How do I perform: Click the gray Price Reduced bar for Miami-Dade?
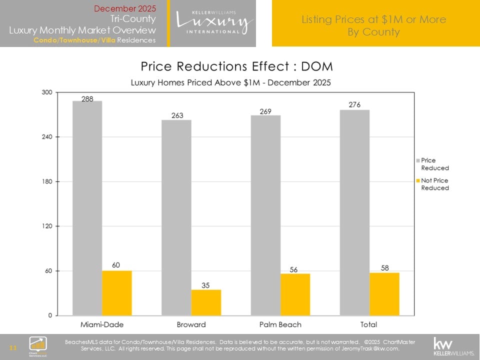tap(87, 208)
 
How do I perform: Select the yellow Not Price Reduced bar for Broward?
tap(206, 302)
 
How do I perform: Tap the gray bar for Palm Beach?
tap(265, 215)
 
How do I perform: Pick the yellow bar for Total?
tap(384, 294)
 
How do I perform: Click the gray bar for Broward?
tap(176, 217)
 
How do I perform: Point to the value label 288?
tap(87, 99)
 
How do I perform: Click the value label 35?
tap(206, 285)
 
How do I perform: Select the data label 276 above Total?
tap(354, 104)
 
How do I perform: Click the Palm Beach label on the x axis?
tap(280, 324)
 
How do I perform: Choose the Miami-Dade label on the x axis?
tap(102, 324)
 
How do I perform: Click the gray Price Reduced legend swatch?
tap(417, 161)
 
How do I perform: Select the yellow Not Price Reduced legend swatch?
tap(417, 180)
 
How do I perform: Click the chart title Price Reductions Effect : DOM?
tap(236, 66)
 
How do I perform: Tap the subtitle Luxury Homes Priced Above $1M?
tap(230, 82)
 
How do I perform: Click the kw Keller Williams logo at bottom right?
tap(453, 345)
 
